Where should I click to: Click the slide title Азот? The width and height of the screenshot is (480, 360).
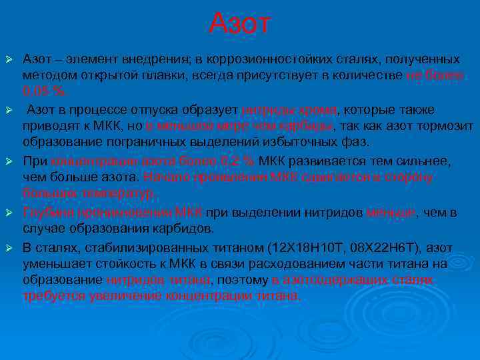pyautogui.click(x=239, y=24)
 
